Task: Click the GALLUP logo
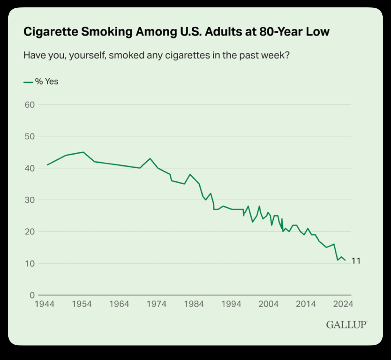click(346, 324)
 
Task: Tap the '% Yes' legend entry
click(41, 81)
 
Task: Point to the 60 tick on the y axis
click(30, 105)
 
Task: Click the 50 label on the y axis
click(30, 136)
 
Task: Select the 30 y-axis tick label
click(30, 200)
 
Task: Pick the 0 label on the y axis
click(32, 295)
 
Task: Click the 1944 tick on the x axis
click(44, 304)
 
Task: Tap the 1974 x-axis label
click(156, 304)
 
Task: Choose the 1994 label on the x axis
click(231, 304)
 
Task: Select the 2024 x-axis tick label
click(343, 304)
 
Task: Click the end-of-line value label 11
click(356, 261)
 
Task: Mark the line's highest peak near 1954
click(83, 152)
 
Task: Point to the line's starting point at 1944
click(47, 165)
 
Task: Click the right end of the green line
click(345, 260)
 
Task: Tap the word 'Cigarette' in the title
click(51, 32)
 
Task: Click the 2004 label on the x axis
click(268, 304)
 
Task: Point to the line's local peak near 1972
click(150, 158)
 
